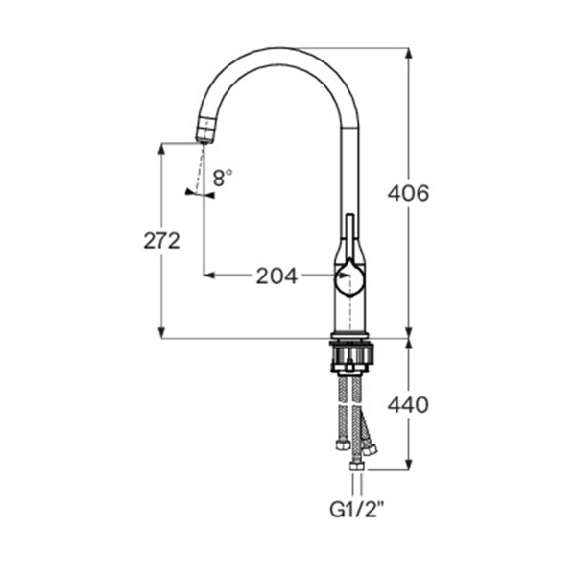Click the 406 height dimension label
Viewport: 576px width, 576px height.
point(408,193)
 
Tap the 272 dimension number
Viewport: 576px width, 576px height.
point(161,241)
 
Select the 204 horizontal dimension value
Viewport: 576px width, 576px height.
point(276,276)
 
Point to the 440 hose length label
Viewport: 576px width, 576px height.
point(408,405)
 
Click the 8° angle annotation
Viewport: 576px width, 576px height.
point(223,178)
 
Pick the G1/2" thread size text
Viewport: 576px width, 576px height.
point(353,510)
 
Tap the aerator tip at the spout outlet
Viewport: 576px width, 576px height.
point(204,133)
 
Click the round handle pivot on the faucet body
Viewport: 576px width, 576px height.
point(349,278)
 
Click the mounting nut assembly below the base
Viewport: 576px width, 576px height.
point(351,356)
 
